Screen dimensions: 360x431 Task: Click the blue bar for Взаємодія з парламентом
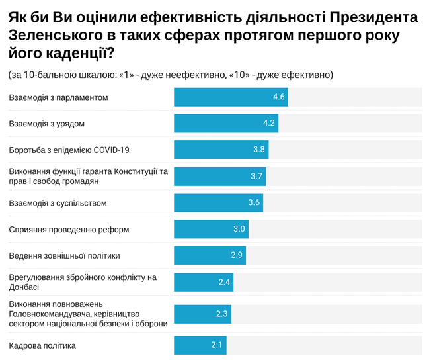click(230, 97)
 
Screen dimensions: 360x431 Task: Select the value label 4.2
click(269, 123)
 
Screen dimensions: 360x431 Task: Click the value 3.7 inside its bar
click(257, 176)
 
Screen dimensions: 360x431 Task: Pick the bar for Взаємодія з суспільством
click(218, 202)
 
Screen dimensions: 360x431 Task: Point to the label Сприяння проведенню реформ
click(69, 230)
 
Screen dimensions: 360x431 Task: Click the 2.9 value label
click(237, 255)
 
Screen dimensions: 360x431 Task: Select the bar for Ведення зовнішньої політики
click(210, 255)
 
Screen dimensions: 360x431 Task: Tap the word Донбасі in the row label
click(24, 287)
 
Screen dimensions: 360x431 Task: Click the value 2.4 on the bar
click(224, 282)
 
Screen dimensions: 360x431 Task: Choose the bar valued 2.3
click(202, 314)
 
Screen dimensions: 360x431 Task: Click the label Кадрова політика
click(42, 345)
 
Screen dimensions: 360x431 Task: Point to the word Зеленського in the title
click(54, 34)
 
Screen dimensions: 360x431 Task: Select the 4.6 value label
click(278, 97)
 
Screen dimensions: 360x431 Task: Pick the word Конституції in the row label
click(135, 171)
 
